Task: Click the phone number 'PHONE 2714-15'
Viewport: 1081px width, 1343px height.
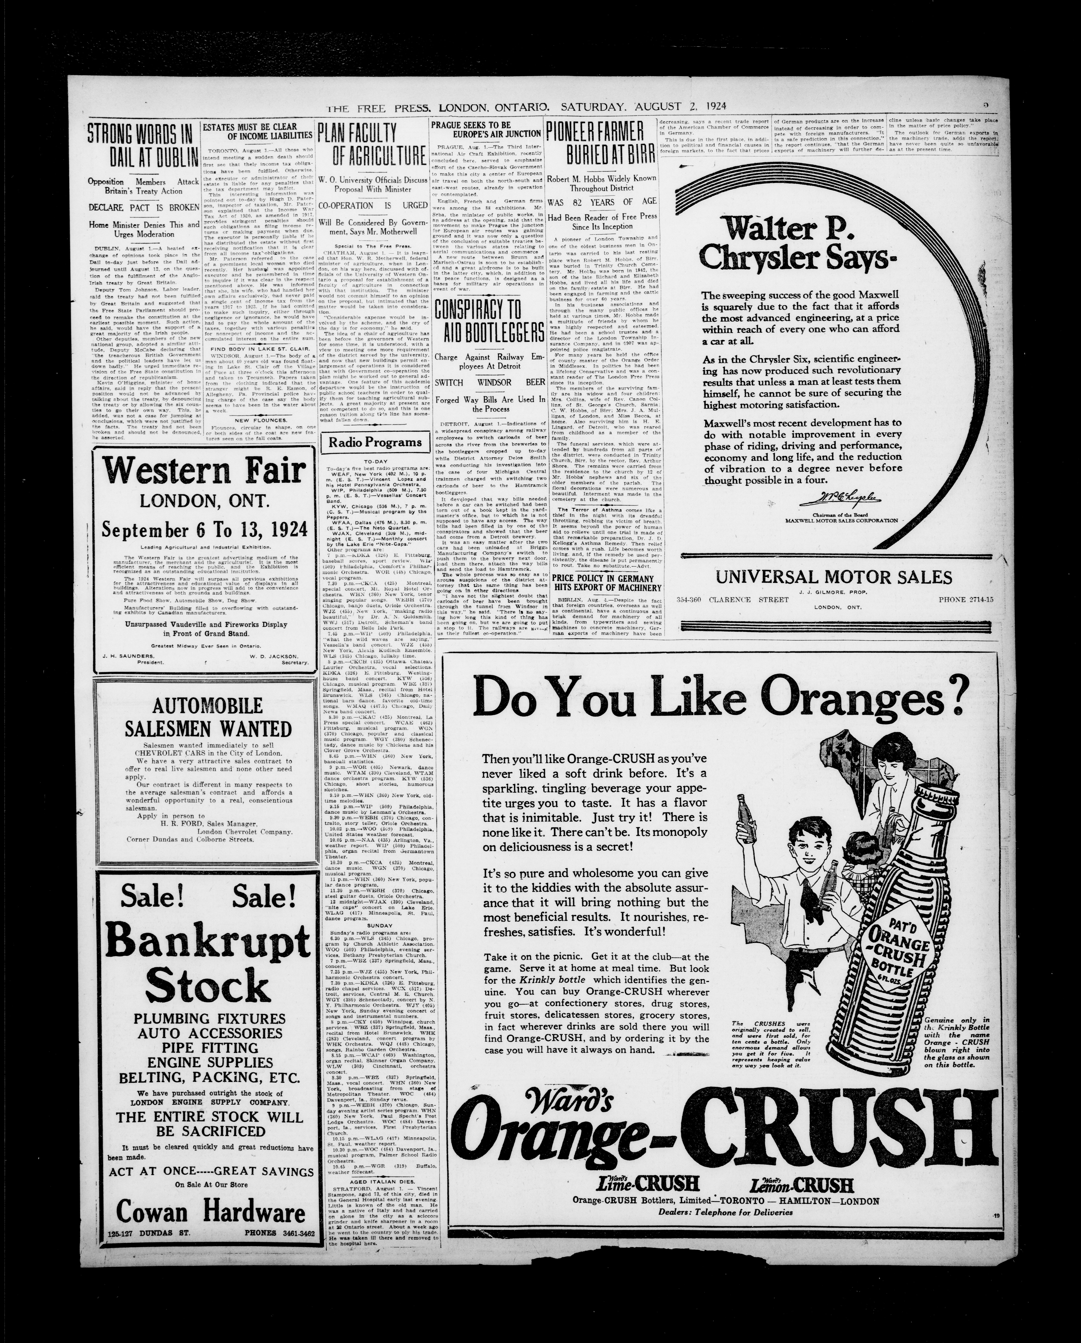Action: pos(968,599)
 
